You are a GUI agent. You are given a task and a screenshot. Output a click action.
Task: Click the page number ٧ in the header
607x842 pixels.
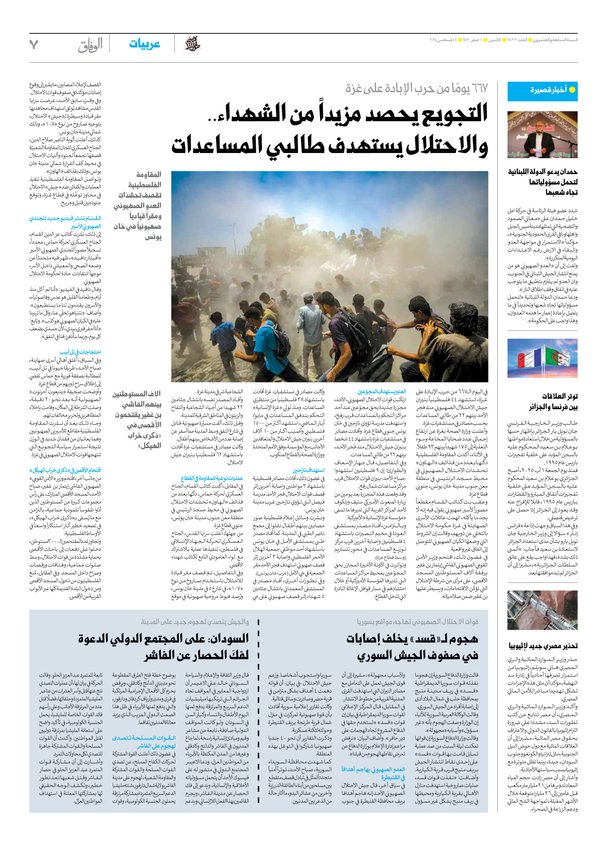click(x=34, y=45)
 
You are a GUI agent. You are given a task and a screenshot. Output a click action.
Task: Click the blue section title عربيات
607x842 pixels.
click(x=144, y=44)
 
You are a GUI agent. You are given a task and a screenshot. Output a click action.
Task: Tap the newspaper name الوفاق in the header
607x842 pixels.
click(x=90, y=45)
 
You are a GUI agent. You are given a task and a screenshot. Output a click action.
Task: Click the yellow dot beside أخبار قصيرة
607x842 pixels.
click(x=572, y=90)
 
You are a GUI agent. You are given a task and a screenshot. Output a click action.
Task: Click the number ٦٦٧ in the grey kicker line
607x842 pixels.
click(x=479, y=89)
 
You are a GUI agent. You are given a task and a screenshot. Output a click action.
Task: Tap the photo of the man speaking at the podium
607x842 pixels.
click(x=542, y=135)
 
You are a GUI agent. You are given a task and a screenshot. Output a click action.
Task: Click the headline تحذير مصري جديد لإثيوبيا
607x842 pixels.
click(x=543, y=646)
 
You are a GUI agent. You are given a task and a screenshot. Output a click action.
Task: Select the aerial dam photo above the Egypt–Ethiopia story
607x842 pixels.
click(x=542, y=610)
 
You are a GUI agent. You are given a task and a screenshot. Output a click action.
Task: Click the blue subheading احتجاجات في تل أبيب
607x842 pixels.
click(x=80, y=352)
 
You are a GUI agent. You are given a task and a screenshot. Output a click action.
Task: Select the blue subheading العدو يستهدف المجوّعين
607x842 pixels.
click(x=382, y=391)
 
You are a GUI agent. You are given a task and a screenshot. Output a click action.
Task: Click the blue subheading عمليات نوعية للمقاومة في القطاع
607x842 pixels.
click(x=212, y=478)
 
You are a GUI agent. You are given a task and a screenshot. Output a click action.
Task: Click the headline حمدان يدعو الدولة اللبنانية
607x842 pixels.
click(x=542, y=182)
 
